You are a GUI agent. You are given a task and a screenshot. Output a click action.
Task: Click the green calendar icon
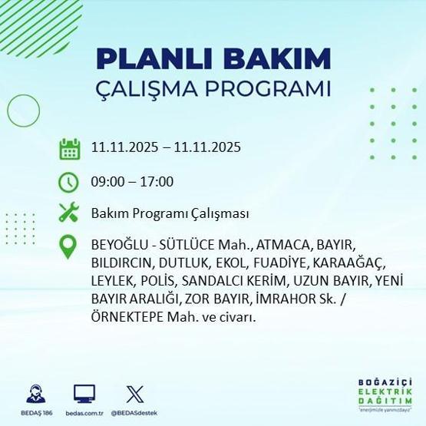pyautogui.click(x=70, y=147)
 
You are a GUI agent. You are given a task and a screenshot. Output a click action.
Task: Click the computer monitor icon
pyautogui.click(x=84, y=394)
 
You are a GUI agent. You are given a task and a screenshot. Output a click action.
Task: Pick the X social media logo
pyautogui.click(x=134, y=394)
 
